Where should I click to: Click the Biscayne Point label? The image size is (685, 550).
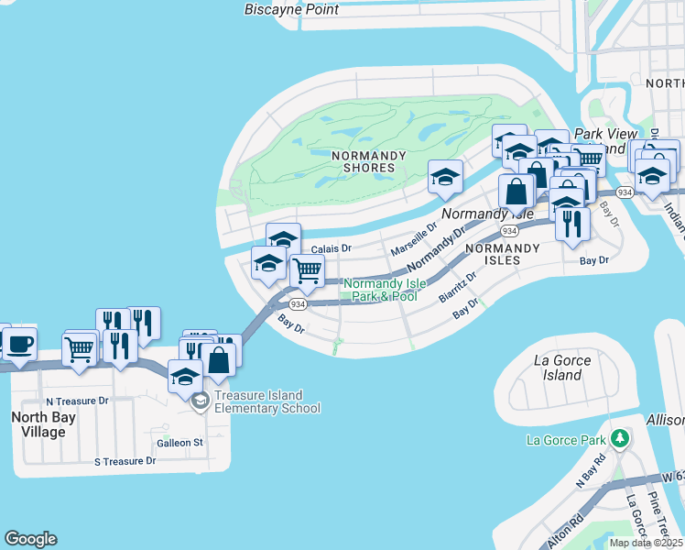click(x=291, y=10)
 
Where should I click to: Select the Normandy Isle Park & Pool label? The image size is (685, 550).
click(x=381, y=290)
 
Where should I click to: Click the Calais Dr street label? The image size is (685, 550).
click(x=331, y=248)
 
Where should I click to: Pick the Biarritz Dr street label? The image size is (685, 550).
click(x=458, y=287)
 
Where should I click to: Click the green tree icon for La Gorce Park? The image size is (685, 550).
click(x=620, y=438)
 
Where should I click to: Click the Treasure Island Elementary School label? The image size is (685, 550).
click(x=258, y=401)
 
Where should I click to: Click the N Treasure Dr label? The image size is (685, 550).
click(x=77, y=401)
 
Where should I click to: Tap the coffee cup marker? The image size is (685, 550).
click(x=19, y=345)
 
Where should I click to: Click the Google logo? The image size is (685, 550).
click(x=30, y=539)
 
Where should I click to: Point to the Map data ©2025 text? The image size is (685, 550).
click(x=645, y=543)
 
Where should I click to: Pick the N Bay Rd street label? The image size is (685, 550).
click(x=591, y=469)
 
